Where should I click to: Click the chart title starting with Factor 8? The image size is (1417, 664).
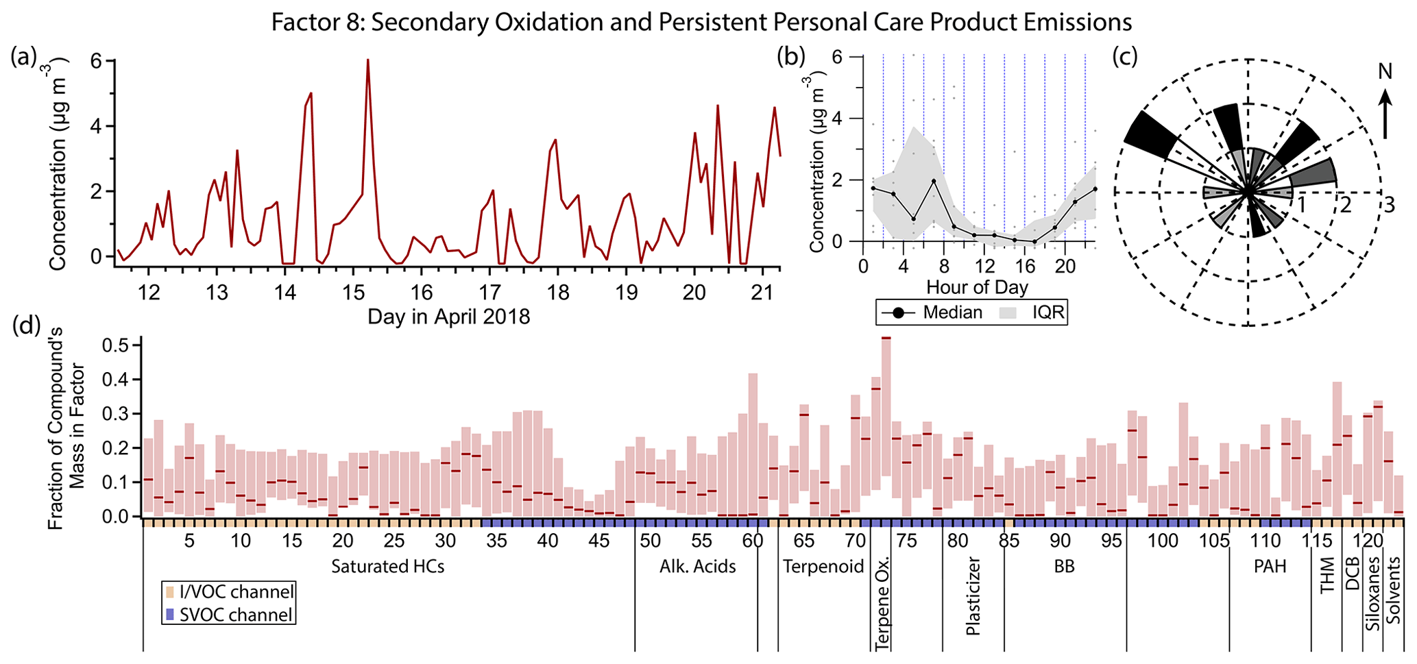[x=701, y=23]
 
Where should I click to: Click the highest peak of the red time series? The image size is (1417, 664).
[x=367, y=60]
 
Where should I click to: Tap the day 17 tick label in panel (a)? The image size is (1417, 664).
[x=489, y=293]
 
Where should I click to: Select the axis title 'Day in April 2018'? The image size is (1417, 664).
[x=448, y=317]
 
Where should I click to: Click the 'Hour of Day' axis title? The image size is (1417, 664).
[x=977, y=286]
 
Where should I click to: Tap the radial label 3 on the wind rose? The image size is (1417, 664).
[x=1389, y=205]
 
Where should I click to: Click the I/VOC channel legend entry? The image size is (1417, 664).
[x=229, y=591]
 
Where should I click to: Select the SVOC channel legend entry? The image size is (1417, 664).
[x=229, y=615]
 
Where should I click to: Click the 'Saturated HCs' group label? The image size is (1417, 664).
[x=387, y=567]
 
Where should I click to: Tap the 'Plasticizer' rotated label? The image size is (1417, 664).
[x=973, y=595]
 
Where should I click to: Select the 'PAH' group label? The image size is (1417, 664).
[x=1269, y=567]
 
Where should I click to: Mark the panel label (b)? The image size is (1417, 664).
[x=790, y=58]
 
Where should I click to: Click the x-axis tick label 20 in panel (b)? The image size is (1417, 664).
[x=1065, y=265]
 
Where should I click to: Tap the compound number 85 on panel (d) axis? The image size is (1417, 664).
[x=1008, y=541]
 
